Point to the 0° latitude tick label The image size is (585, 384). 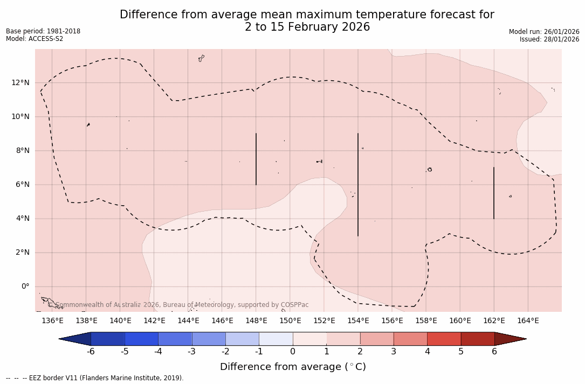[x=25, y=286]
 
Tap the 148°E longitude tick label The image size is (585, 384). [x=256, y=320]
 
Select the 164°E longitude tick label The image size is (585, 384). [x=528, y=320]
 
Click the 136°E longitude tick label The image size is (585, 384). [x=52, y=320]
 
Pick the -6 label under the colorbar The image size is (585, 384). [x=91, y=352]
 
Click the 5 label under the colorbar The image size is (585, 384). [x=461, y=352]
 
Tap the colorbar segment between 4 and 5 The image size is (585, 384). [x=444, y=339]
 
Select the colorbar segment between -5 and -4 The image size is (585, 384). [x=141, y=339]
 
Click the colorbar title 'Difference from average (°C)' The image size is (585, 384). [x=293, y=367]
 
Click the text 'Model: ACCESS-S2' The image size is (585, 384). [x=35, y=39]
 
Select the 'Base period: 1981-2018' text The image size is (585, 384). [x=43, y=31]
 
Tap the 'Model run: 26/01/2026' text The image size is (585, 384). [x=544, y=32]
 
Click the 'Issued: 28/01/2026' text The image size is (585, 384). [x=549, y=39]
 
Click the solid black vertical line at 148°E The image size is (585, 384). [x=256, y=159]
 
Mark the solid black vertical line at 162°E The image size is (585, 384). [x=494, y=193]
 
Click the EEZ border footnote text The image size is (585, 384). [x=95, y=378]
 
